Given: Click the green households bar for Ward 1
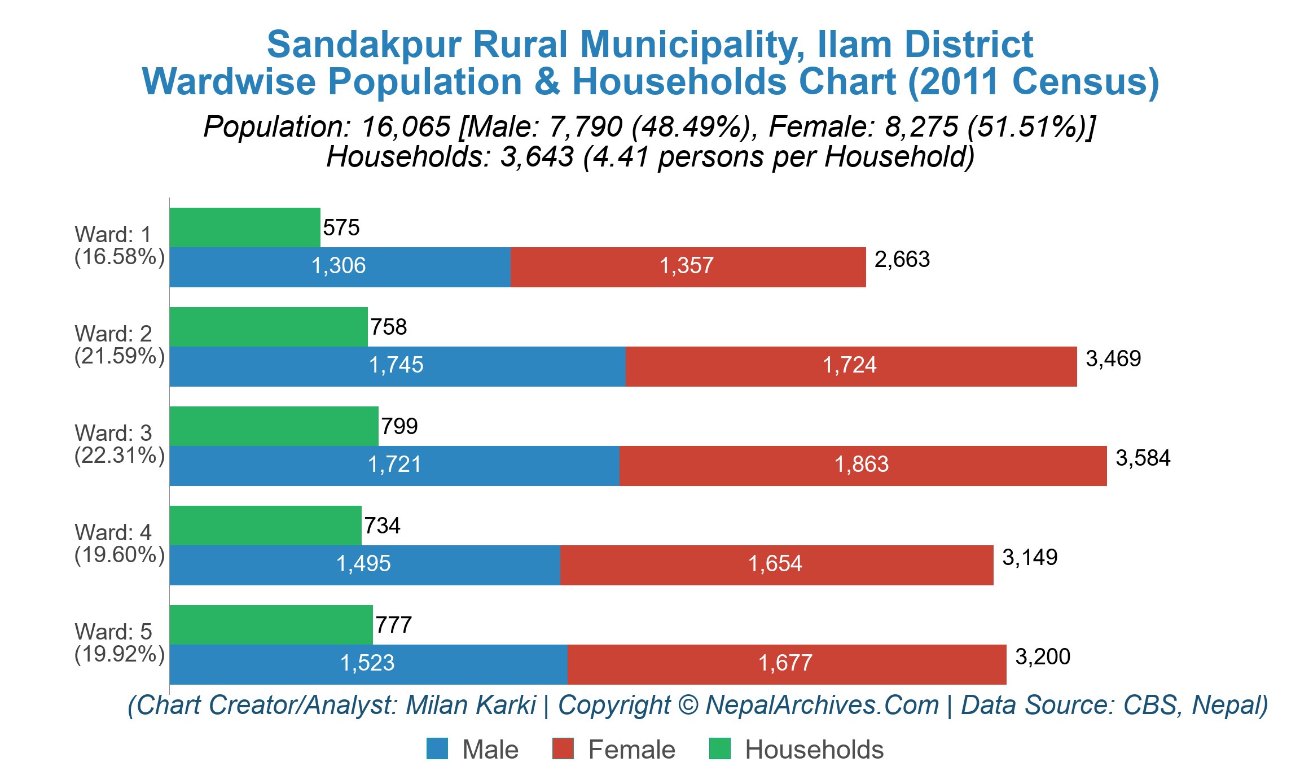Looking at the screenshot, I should (x=245, y=227).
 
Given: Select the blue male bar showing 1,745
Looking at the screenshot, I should (x=397, y=366).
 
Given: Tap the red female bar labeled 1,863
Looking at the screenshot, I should (x=862, y=466).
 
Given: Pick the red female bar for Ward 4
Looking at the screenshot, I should (x=776, y=565).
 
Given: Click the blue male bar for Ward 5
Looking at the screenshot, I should (x=368, y=664).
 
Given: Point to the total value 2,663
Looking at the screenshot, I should (x=902, y=260).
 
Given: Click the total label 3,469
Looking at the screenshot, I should (x=1113, y=359).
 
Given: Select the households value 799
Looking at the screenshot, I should (x=399, y=426).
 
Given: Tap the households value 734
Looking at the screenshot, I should (x=382, y=526).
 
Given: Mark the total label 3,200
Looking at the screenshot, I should (x=1042, y=657).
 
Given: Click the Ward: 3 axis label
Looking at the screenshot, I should (x=113, y=433).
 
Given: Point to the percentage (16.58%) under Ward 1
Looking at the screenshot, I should (x=120, y=257).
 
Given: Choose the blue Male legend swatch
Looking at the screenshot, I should (x=437, y=748).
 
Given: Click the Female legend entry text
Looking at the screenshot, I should (x=631, y=750).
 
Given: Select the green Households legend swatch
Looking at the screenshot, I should (x=719, y=748).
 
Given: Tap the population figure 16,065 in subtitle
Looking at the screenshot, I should (x=406, y=126).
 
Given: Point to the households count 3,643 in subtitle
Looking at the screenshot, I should (x=537, y=157).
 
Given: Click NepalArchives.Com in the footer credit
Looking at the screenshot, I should (x=822, y=705).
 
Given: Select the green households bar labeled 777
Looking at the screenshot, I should (x=271, y=625).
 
